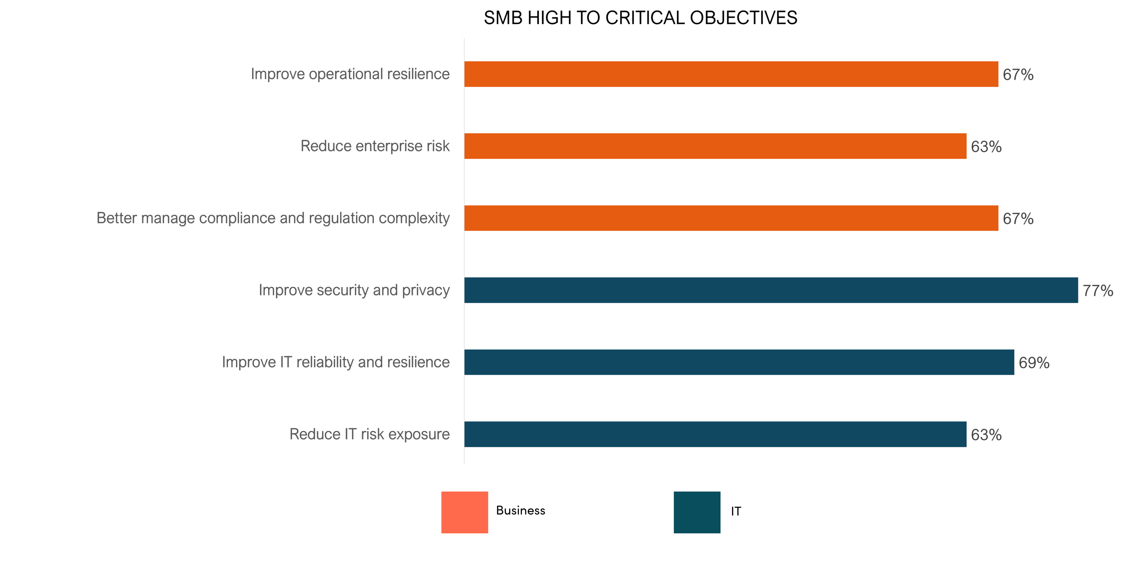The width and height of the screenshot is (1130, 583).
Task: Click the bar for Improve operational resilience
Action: (x=731, y=74)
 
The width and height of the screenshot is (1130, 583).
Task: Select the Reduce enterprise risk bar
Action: (x=715, y=146)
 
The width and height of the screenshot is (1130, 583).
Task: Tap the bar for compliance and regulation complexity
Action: (x=731, y=218)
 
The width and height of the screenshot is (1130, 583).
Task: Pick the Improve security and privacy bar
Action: (x=771, y=290)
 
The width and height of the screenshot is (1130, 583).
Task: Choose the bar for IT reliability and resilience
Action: (x=739, y=362)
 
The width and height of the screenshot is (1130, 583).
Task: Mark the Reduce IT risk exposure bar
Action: (x=715, y=434)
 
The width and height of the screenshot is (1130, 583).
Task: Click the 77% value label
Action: (x=1097, y=291)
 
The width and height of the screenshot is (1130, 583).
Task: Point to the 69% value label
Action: (x=1034, y=363)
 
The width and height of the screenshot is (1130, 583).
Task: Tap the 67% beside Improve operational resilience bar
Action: (x=1018, y=75)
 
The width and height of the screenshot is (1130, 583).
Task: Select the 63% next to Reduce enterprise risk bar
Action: (x=986, y=147)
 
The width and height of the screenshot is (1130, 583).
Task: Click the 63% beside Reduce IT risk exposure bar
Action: (x=986, y=435)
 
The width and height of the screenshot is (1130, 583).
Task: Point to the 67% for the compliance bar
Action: (x=1018, y=219)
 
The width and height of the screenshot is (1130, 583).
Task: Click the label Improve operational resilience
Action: (x=350, y=74)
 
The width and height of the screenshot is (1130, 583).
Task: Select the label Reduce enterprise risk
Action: (x=375, y=146)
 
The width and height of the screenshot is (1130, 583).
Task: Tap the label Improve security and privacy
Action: (x=354, y=290)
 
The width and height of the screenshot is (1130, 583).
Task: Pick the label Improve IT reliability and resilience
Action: (x=336, y=362)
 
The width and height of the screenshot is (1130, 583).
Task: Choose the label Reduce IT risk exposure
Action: (x=369, y=434)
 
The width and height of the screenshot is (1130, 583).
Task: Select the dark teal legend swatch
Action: (x=696, y=512)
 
